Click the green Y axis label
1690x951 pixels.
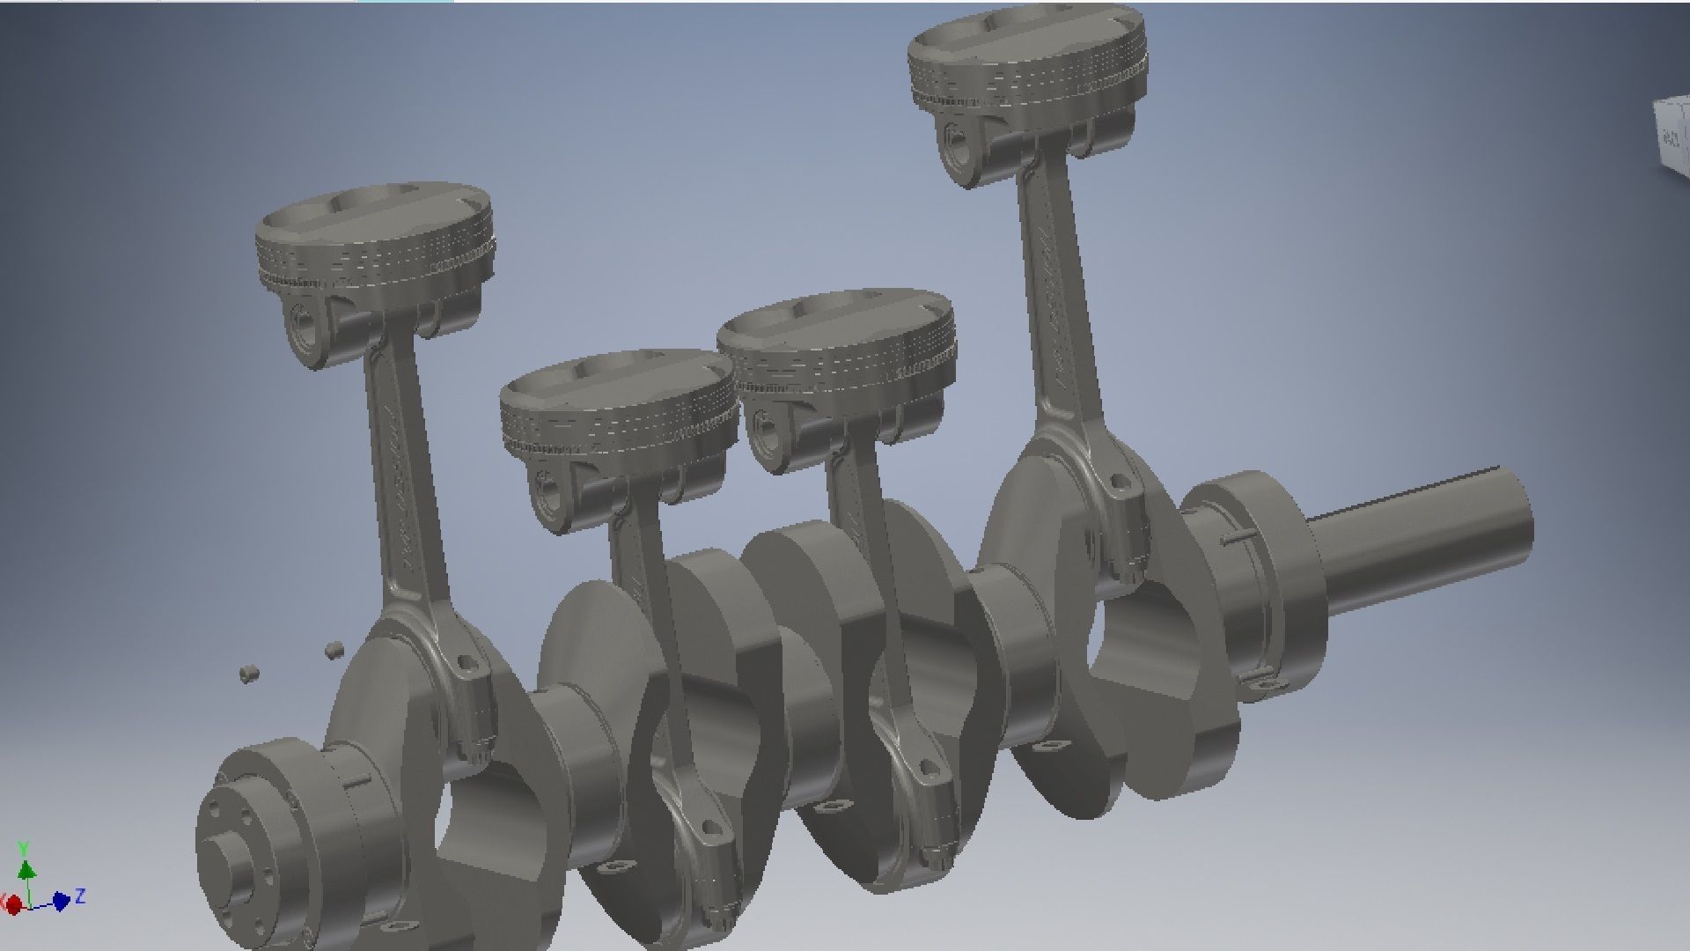[24, 848]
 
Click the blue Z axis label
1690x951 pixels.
[80, 896]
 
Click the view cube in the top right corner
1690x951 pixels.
[1672, 136]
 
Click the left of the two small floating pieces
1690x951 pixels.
[248, 674]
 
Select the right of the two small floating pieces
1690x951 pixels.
[333, 650]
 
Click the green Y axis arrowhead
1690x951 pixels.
[26, 870]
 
